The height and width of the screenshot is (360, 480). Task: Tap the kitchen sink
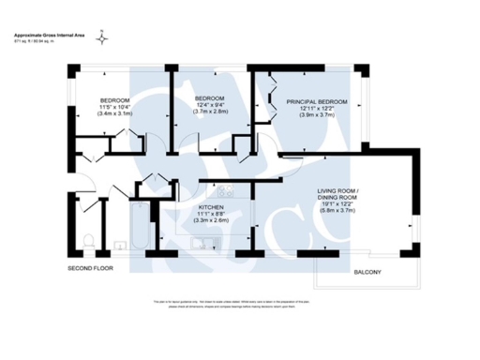(x=207, y=246)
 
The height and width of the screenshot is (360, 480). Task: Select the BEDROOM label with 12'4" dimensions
(x=208, y=98)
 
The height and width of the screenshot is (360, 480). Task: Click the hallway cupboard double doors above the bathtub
(x=153, y=183)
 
